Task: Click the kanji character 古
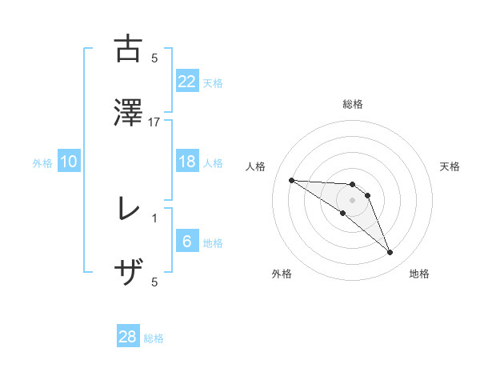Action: pyautogui.click(x=128, y=49)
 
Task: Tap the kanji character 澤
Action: pyautogui.click(x=128, y=113)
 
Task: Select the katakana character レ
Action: pyautogui.click(x=128, y=209)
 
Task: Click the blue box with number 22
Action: pyautogui.click(x=187, y=81)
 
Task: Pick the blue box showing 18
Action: pyautogui.click(x=187, y=162)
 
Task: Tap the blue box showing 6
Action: pyautogui.click(x=187, y=242)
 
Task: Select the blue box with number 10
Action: pyautogui.click(x=69, y=162)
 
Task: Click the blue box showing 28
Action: pyautogui.click(x=128, y=337)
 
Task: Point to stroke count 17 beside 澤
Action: pyautogui.click(x=154, y=122)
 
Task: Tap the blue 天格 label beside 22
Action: pyautogui.click(x=213, y=82)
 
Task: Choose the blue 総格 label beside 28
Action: pyautogui.click(x=154, y=338)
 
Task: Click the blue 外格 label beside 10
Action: pyautogui.click(x=42, y=163)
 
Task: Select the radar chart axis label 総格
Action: pyautogui.click(x=353, y=104)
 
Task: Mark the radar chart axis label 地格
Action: pyautogui.click(x=419, y=274)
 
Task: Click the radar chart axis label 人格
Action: pyautogui.click(x=256, y=166)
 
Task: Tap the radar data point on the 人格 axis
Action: pyautogui.click(x=291, y=180)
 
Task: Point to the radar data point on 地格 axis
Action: pyautogui.click(x=390, y=253)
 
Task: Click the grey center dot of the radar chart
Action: pyautogui.click(x=353, y=200)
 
